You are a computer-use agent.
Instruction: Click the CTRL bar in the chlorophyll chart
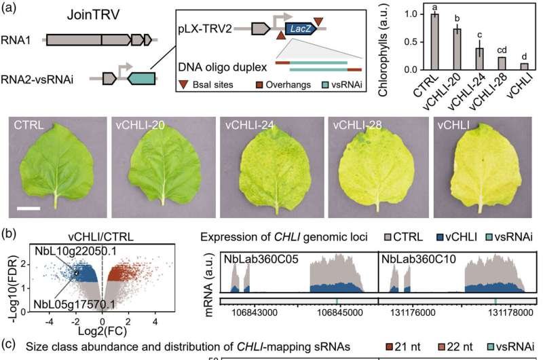pos(434,42)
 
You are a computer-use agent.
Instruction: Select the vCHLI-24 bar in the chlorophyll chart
pos(479,59)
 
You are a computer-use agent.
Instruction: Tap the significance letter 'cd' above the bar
pos(502,50)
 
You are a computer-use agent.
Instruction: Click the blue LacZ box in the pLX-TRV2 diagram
pos(301,29)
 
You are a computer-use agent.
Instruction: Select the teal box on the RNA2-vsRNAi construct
pos(141,79)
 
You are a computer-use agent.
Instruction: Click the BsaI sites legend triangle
pos(183,84)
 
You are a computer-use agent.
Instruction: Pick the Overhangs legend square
pos(259,85)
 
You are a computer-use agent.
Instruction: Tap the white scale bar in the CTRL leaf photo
pos(29,209)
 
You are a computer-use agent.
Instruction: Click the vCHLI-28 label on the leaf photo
pos(357,125)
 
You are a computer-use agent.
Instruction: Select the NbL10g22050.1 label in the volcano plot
pos(75,251)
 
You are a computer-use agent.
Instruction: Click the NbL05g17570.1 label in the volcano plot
pos(74,304)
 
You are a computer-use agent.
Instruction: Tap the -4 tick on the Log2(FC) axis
pos(50,322)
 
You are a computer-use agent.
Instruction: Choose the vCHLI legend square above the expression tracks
pos(439,237)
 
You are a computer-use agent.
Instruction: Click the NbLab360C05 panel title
pos(261,259)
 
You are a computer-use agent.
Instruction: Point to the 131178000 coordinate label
pos(510,312)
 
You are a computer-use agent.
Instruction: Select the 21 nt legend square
pos(389,347)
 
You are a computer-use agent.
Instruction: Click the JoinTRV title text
pos(93,15)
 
